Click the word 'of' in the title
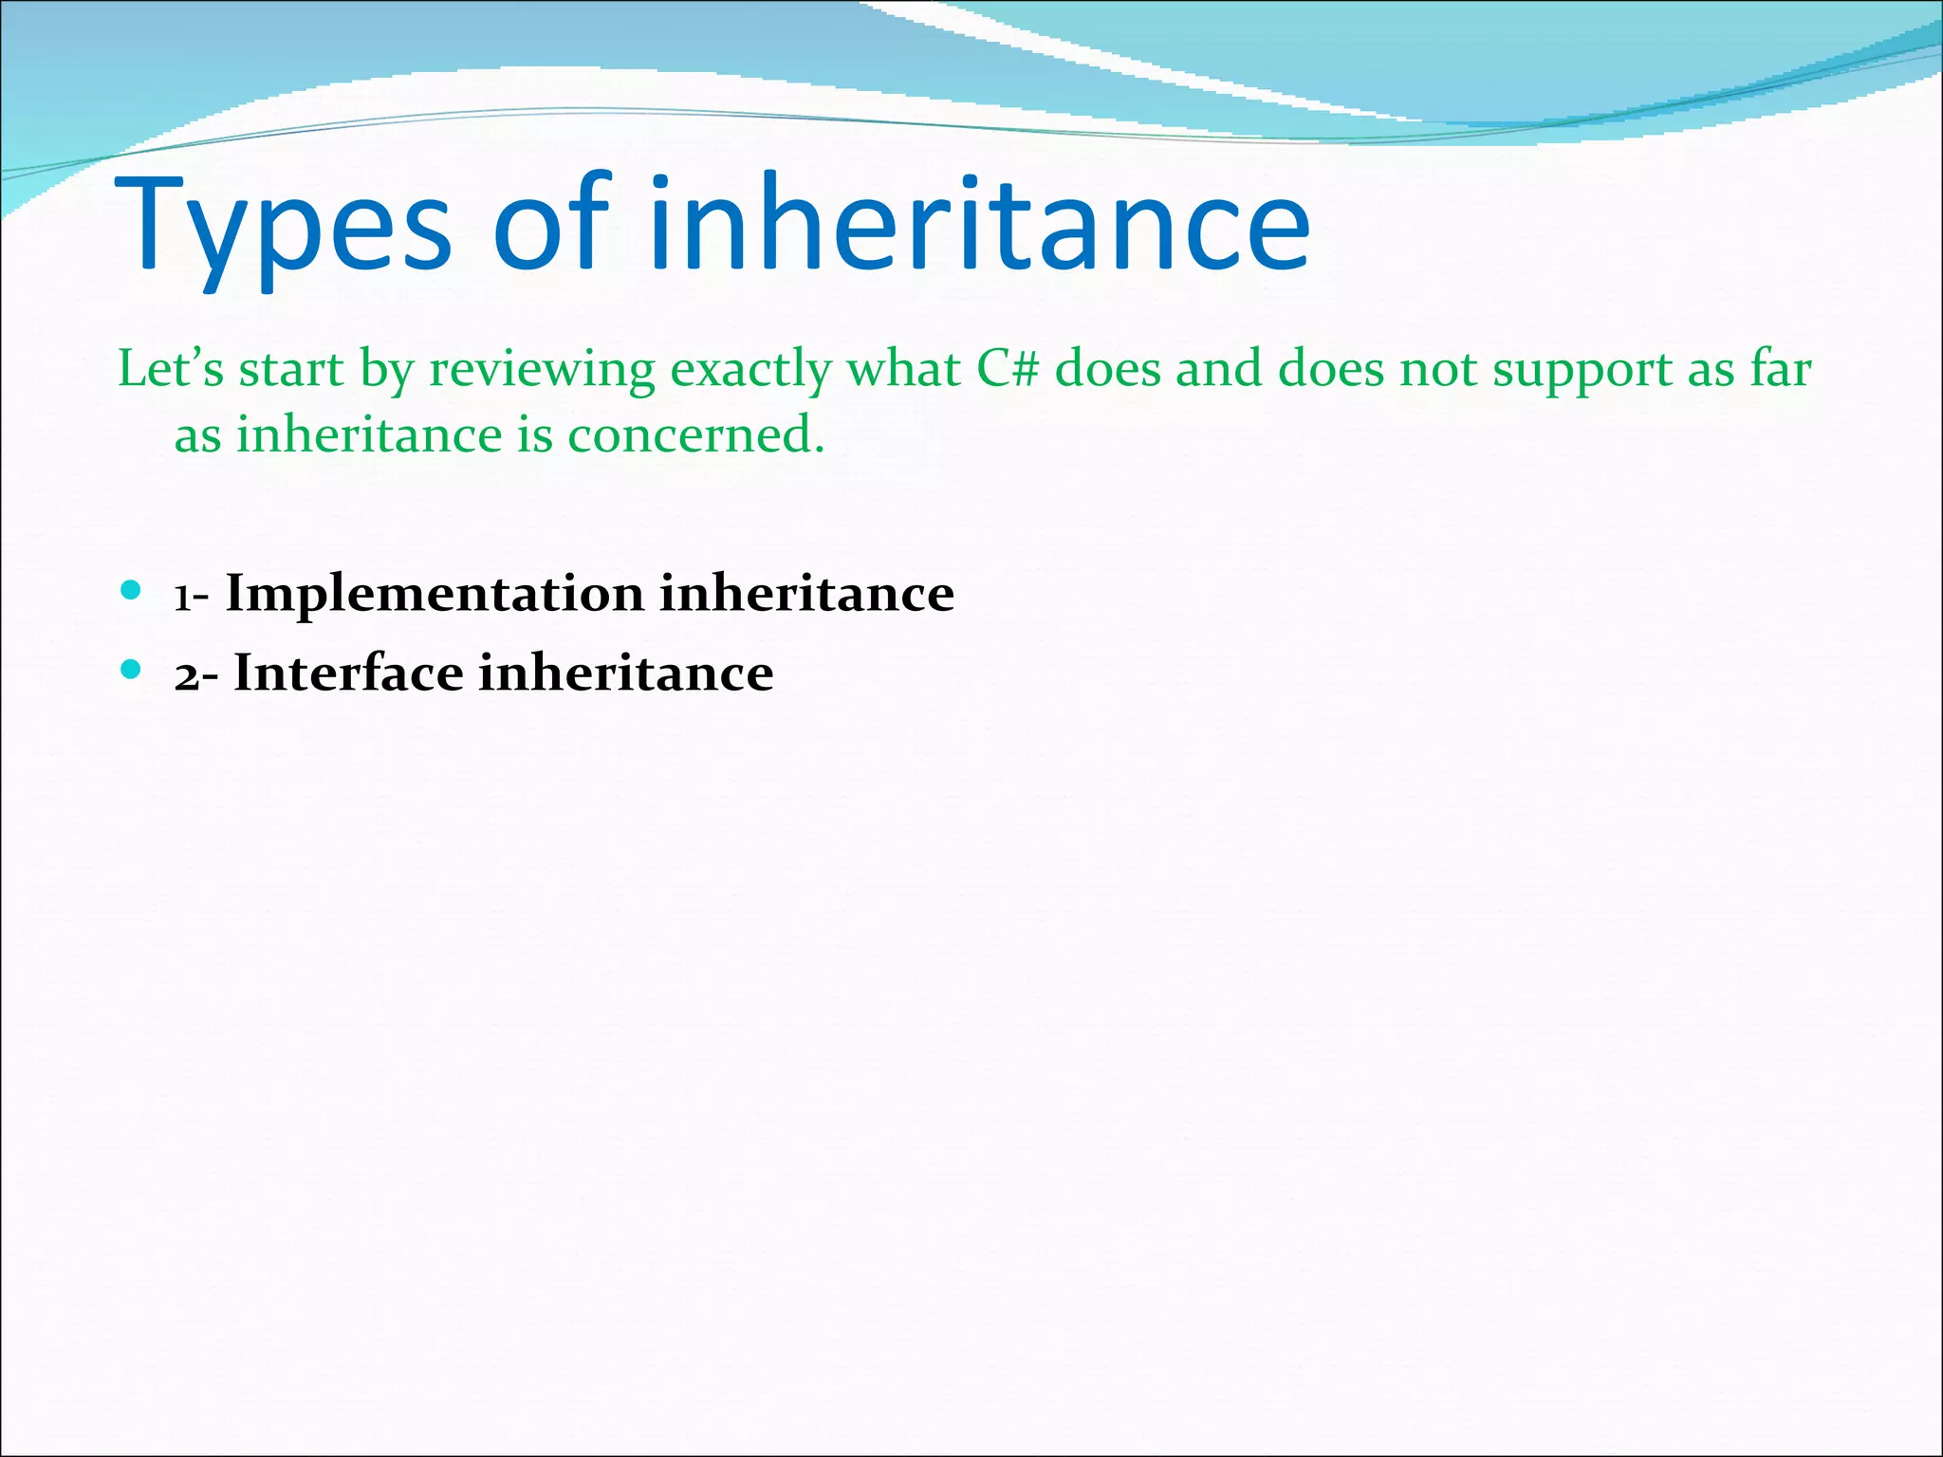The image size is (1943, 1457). click(549, 224)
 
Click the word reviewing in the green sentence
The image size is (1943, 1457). click(542, 370)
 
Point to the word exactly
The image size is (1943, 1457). click(750, 370)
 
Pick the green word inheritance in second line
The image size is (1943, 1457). click(368, 435)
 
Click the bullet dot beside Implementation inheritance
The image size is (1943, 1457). click(131, 592)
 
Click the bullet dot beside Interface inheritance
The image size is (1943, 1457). click(131, 671)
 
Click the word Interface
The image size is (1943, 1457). click(348, 673)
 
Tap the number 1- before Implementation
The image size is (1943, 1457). click(191, 597)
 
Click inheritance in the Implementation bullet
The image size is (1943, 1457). click(806, 594)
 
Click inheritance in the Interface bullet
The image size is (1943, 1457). click(626, 673)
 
